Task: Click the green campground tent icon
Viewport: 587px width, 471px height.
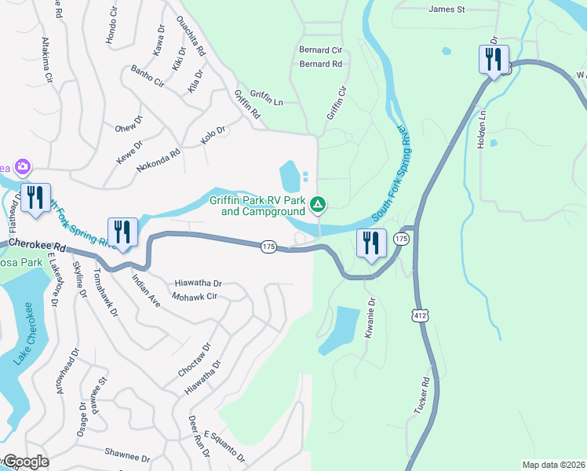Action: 318,206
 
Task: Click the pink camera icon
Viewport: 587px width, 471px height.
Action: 23,166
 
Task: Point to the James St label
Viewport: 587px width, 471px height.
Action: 447,9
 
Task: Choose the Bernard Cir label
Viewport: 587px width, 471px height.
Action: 320,49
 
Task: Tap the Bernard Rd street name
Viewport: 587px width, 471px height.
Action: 320,64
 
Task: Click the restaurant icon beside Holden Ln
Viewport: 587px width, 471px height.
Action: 494,60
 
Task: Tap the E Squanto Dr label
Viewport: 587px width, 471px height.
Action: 225,446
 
